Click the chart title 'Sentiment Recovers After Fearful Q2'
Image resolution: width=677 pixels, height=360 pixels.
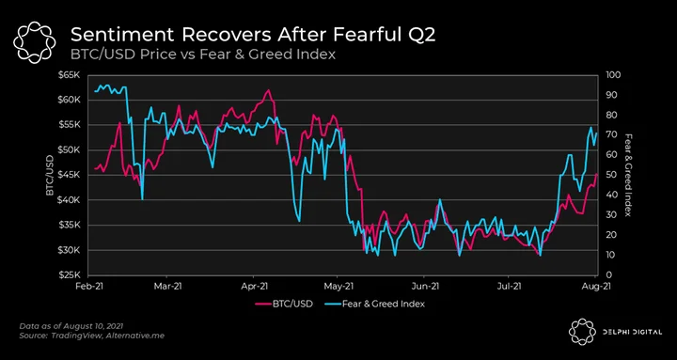[x=253, y=35]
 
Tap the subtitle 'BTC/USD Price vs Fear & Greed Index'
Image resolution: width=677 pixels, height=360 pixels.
[x=203, y=55]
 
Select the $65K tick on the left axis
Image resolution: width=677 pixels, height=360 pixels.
[x=69, y=75]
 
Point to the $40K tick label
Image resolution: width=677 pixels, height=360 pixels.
[x=69, y=200]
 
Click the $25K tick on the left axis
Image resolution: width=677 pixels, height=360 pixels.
[x=69, y=275]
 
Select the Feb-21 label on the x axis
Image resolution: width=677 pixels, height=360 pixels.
[x=88, y=286]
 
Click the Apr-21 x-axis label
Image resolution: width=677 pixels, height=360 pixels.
[x=254, y=286]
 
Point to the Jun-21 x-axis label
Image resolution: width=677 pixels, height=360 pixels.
[x=424, y=286]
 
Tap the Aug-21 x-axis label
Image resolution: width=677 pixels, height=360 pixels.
[x=596, y=286]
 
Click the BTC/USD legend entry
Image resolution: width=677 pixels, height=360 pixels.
[x=284, y=304]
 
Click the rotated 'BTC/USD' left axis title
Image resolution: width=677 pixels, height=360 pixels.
[x=51, y=175]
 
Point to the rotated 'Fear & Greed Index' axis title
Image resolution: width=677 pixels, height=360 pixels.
[x=629, y=175]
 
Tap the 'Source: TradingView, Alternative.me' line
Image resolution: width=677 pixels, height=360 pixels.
[x=92, y=336]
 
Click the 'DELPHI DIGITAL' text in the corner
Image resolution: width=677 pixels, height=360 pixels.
[x=632, y=332]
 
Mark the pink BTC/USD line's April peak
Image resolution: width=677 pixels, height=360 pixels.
[x=268, y=90]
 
